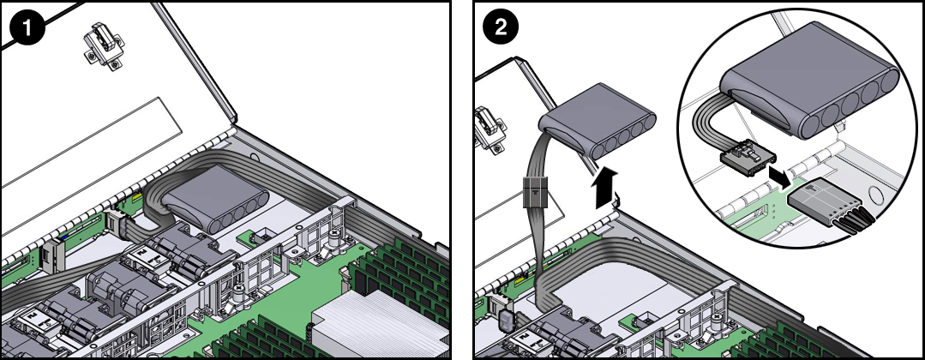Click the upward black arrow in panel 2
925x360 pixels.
click(605, 187)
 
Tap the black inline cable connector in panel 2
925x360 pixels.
click(532, 195)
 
